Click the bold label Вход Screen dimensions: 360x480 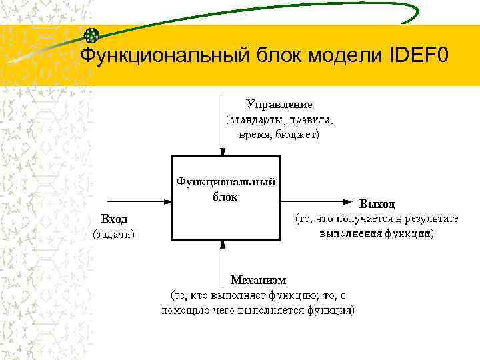click(114, 219)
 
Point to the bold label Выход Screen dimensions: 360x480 click(377, 204)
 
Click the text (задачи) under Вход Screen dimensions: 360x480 click(114, 234)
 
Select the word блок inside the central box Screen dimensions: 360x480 click(225, 197)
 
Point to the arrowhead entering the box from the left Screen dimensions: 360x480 click(167, 200)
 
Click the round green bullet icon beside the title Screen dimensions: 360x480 click(92, 36)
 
